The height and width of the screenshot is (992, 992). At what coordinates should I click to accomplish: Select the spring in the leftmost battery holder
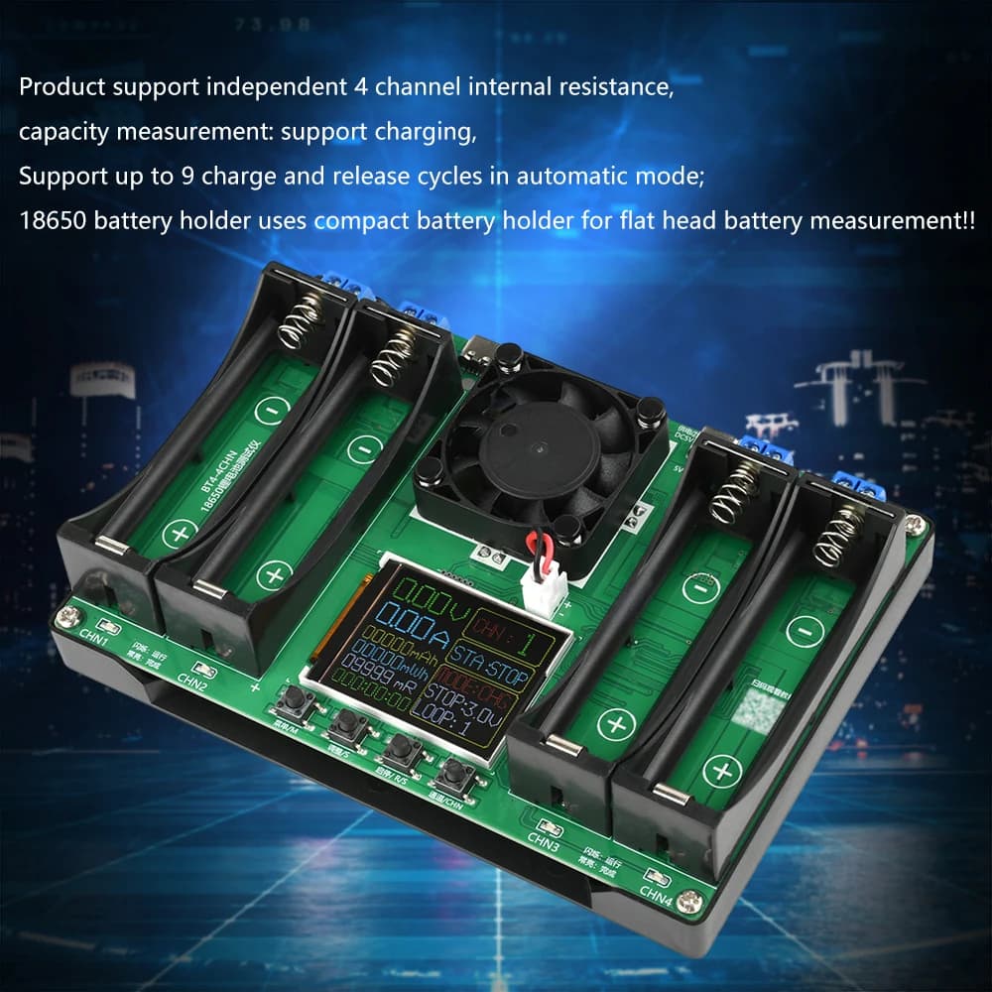301,322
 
